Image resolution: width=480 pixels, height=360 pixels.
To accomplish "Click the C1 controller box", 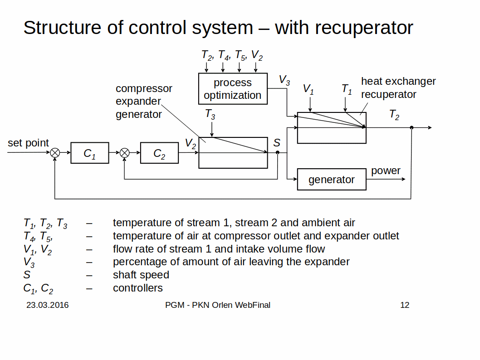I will [x=90, y=153].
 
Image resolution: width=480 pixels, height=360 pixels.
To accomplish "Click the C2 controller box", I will [x=159, y=153].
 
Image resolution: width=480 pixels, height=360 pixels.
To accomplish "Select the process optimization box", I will [x=233, y=89].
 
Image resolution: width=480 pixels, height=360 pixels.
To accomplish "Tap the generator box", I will [x=332, y=180].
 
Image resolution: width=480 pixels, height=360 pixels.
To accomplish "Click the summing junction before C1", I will [x=55, y=153].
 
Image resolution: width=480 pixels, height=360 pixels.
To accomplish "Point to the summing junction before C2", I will [x=125, y=153].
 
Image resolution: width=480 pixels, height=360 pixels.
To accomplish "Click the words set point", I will [x=28, y=143].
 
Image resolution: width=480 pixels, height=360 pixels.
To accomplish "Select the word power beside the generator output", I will [x=386, y=171].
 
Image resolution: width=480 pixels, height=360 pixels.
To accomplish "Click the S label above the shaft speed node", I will [x=277, y=143].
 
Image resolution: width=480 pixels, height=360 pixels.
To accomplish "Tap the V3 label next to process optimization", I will [x=284, y=81].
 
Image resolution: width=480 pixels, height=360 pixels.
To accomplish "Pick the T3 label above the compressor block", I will [x=210, y=114].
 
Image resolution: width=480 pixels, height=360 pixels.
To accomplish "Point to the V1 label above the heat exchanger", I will [x=309, y=89].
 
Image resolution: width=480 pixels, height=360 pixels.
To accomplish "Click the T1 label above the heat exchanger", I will [x=347, y=89].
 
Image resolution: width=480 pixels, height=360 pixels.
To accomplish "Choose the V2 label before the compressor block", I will [x=191, y=144].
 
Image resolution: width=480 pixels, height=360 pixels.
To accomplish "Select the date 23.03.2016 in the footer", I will [x=48, y=305].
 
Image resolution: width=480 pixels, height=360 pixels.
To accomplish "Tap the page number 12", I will [x=405, y=305].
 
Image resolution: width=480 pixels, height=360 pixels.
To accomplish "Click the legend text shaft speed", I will [x=141, y=275].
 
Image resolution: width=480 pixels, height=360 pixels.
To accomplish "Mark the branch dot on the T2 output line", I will [x=411, y=128].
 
